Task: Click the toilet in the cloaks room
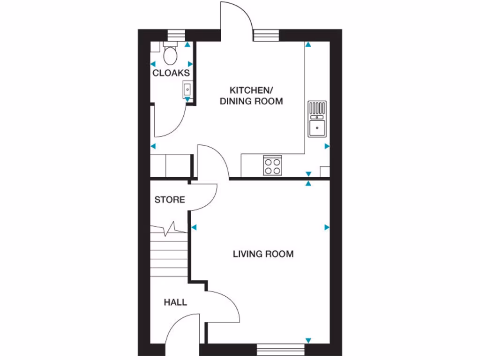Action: click(x=170, y=54)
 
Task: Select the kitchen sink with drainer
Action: click(x=317, y=119)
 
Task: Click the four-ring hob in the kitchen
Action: click(x=273, y=165)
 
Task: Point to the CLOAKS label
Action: click(x=171, y=73)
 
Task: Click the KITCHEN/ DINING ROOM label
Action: click(x=251, y=96)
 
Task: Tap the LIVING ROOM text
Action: click(x=263, y=254)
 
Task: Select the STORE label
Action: click(x=170, y=200)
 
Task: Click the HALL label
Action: click(x=175, y=302)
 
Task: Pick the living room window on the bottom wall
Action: click(x=280, y=349)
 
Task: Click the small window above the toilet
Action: click(x=176, y=35)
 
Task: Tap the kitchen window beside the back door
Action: click(x=266, y=35)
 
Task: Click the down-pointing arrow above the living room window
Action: click(x=308, y=340)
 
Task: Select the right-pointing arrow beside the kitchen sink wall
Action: click(x=327, y=146)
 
